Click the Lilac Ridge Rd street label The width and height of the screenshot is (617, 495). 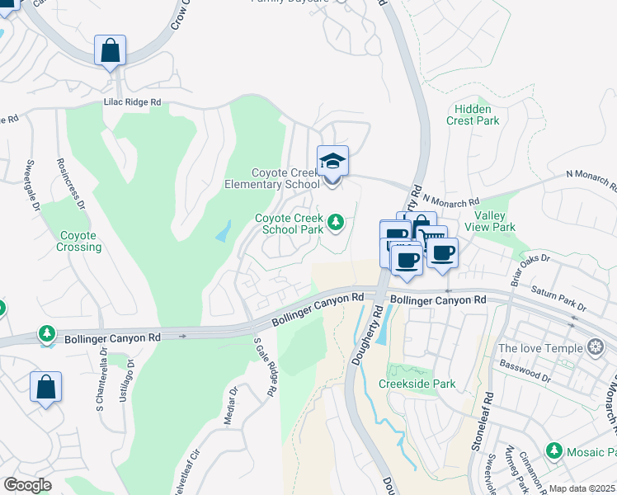pos(132,102)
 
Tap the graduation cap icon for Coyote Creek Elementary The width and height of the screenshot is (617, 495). pos(333,161)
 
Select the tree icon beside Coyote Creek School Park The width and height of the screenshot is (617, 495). pos(336,221)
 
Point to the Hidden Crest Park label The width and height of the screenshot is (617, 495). pos(473,115)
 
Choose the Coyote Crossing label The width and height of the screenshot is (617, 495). pos(79,241)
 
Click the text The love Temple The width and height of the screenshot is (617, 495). pos(540,348)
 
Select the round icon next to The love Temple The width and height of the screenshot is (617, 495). pos(593,348)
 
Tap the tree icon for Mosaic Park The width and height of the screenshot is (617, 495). pos(553,451)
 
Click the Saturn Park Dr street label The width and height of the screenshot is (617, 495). pos(558,298)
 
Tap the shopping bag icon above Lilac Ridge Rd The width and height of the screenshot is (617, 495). pos(110,51)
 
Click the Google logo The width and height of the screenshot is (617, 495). pos(27,485)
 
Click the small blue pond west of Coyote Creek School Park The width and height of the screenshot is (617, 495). pos(224,232)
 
